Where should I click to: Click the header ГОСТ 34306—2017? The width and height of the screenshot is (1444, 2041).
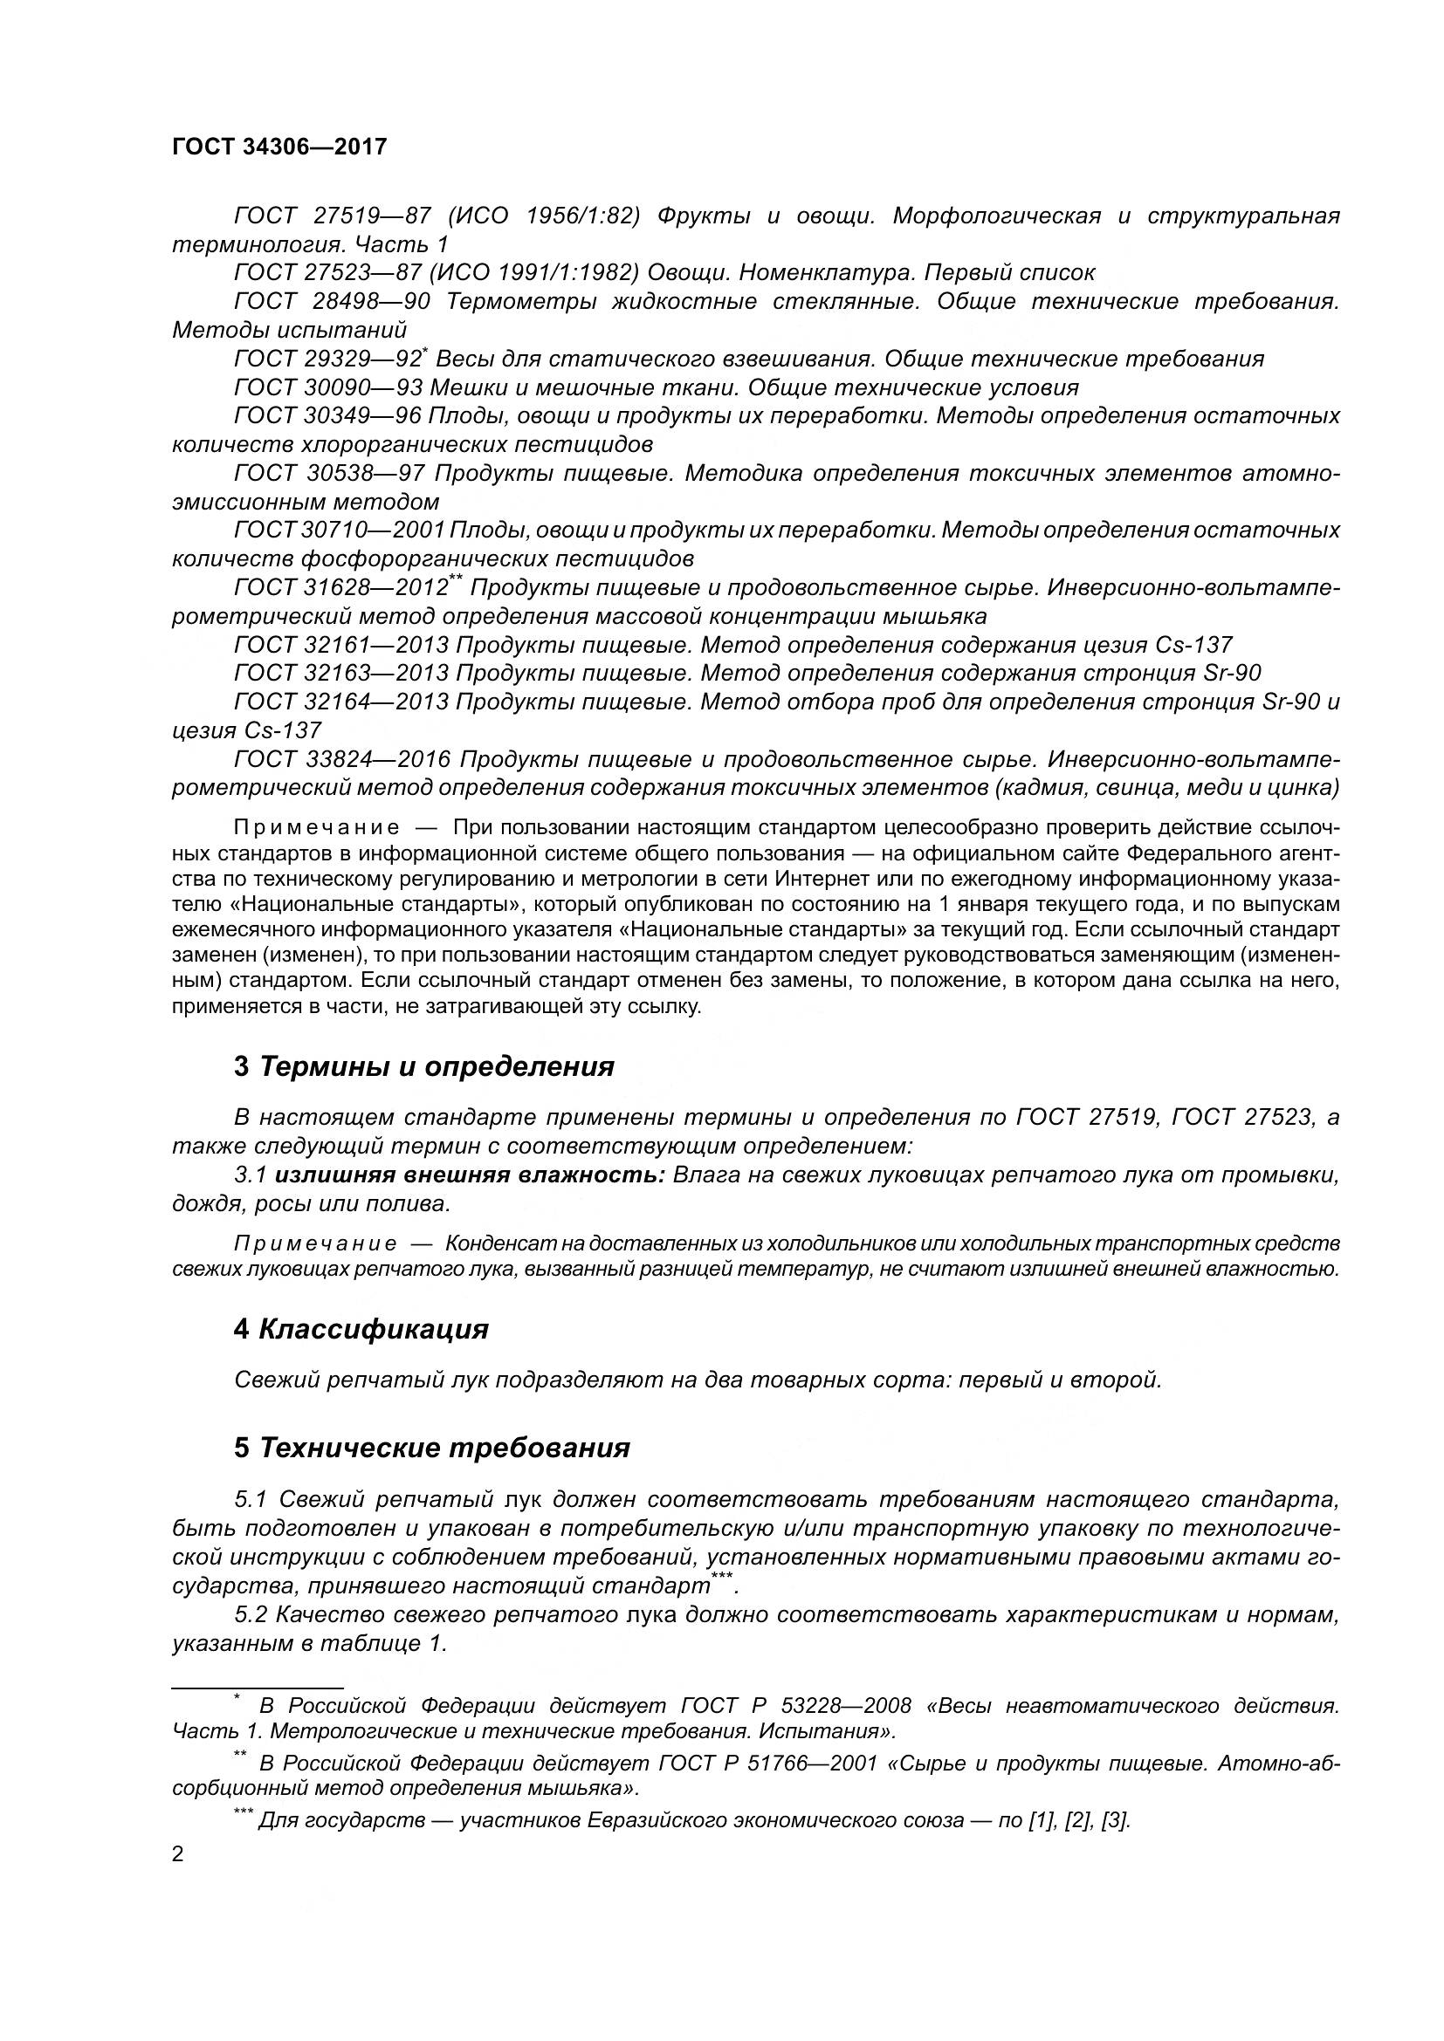click(279, 147)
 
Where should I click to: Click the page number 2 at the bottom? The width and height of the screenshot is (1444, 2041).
click(178, 1854)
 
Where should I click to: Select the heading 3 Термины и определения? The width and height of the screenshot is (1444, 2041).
click(424, 1066)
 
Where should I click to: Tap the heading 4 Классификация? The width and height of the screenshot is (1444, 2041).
click(361, 1330)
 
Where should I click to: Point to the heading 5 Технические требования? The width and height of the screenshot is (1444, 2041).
click(432, 1449)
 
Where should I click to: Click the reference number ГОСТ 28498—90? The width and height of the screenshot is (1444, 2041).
click(332, 301)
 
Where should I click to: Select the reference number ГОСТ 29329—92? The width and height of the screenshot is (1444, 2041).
click(327, 360)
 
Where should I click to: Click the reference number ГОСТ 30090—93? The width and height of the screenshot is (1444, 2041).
click(327, 387)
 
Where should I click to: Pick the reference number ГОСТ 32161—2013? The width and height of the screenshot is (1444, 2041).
click(340, 645)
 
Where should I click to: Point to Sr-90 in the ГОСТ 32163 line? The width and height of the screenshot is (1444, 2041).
click(1236, 673)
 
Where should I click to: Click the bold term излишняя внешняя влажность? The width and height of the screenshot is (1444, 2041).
click(471, 1175)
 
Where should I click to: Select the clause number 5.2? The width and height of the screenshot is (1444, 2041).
click(251, 1615)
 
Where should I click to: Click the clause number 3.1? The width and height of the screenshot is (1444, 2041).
click(251, 1175)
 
